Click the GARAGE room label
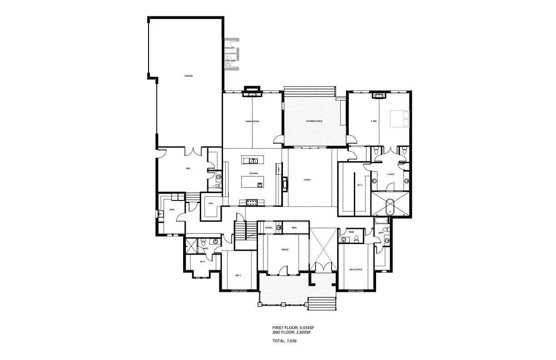pos(189,76)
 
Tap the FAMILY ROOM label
pos(252,121)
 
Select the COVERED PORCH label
pos(314,121)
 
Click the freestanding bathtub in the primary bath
pos(390,206)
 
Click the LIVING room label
pos(307,180)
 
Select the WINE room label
pos(294,227)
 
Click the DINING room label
pos(285,250)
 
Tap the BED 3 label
pos(238,276)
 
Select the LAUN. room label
pos(172,210)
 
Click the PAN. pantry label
pos(211,204)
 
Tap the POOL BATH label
pos(230,60)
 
